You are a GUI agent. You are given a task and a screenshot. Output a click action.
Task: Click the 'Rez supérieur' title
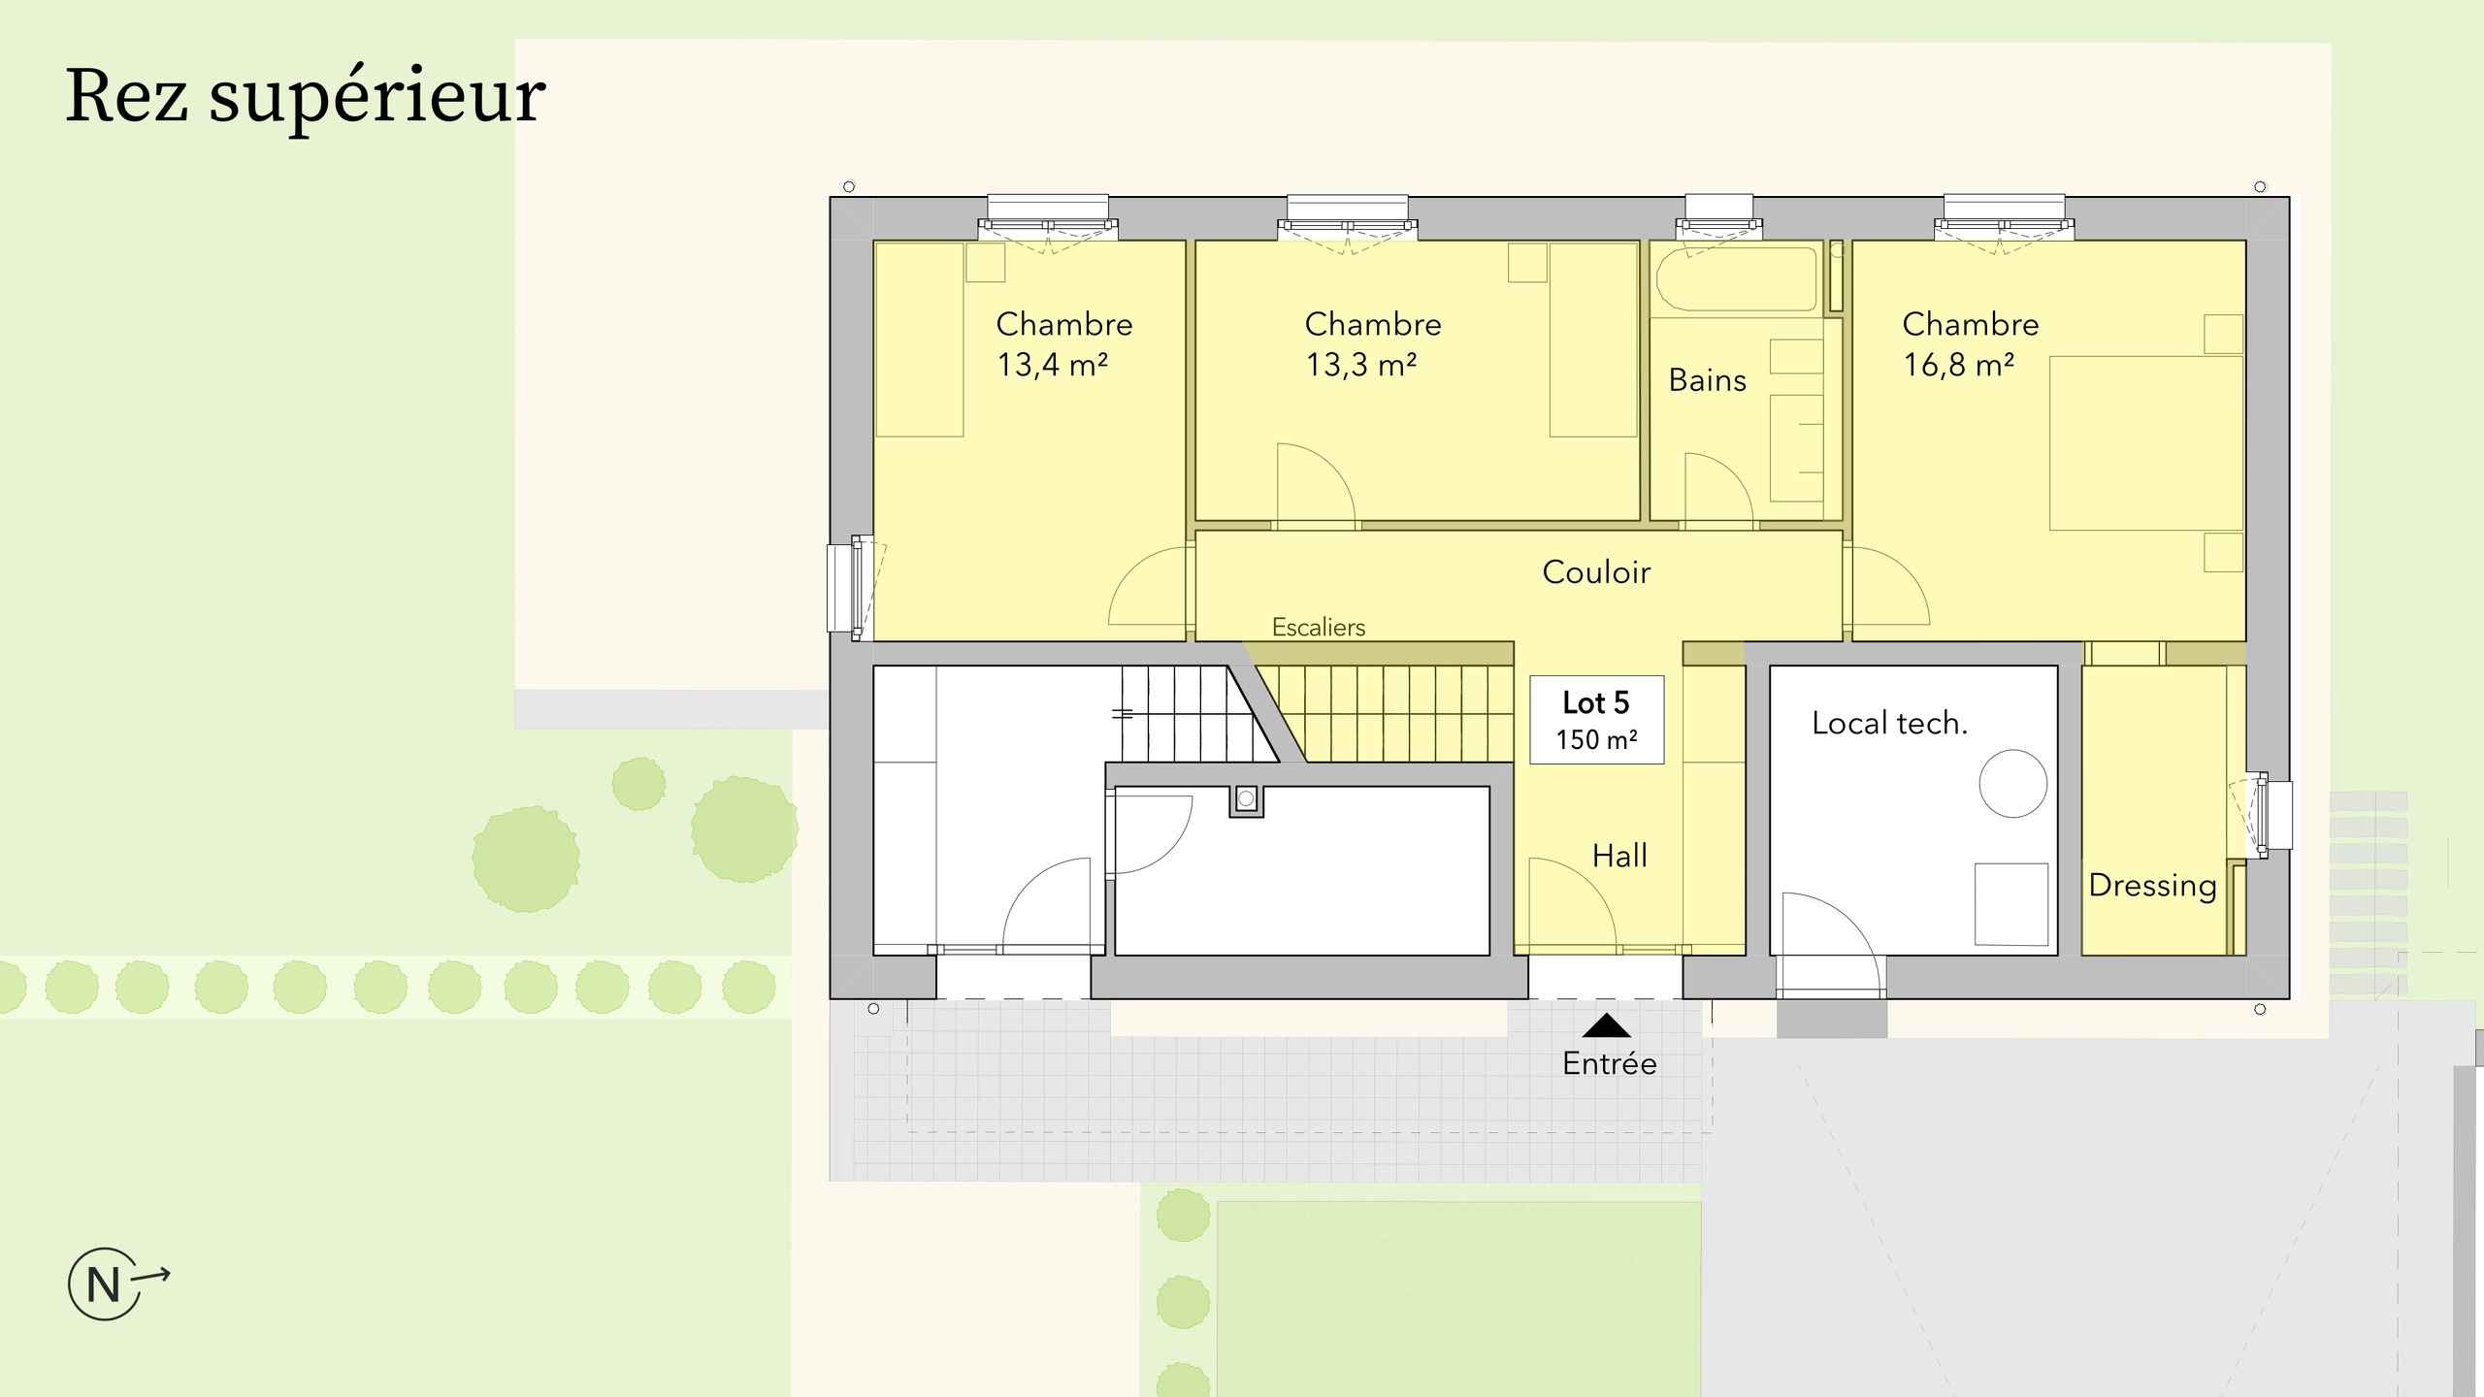[305, 97]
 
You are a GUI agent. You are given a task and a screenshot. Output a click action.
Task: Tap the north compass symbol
[105, 1283]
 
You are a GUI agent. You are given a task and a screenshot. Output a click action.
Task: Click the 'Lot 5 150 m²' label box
[1596, 719]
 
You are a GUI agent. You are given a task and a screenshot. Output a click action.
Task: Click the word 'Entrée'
[1609, 1064]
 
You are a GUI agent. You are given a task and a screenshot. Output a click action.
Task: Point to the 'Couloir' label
[1595, 572]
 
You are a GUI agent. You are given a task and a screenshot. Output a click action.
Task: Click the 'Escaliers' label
[1318, 628]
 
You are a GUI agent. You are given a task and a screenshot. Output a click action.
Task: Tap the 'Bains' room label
[1707, 380]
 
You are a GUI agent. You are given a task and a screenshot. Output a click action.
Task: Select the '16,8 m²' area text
[1958, 366]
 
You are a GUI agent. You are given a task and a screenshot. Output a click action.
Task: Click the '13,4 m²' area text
[1052, 366]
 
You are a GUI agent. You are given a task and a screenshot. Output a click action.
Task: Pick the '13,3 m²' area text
[1360, 366]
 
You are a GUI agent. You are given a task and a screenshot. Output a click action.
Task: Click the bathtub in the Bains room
[1735, 278]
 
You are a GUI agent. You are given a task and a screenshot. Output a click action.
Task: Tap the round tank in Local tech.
[2012, 783]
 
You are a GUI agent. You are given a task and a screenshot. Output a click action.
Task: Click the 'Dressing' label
[2152, 886]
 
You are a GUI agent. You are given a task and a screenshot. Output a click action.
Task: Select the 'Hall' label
[1619, 856]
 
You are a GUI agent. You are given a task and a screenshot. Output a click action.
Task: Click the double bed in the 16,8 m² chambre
[2144, 442]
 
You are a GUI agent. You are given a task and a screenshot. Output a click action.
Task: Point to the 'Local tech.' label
[1889, 724]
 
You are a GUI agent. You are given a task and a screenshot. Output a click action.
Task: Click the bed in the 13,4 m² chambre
[919, 340]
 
